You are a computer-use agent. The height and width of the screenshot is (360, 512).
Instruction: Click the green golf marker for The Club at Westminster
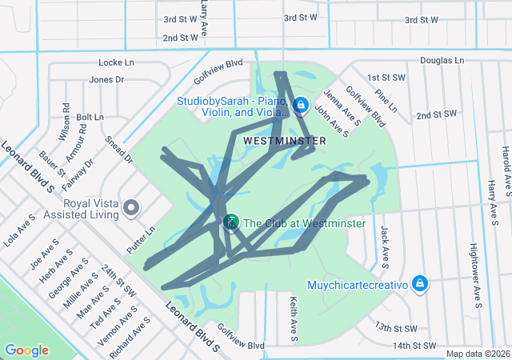pyautogui.click(x=231, y=222)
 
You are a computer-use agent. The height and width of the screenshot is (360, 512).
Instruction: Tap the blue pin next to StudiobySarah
pyautogui.click(x=301, y=104)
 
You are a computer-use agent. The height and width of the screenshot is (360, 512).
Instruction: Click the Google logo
pyautogui.click(x=27, y=350)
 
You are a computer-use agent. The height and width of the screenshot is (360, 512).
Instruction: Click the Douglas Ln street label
pyautogui.click(x=442, y=60)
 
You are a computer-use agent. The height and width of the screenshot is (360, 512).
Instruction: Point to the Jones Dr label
pyautogui.click(x=107, y=79)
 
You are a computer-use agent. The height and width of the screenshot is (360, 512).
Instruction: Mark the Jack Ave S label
pyautogui.click(x=386, y=246)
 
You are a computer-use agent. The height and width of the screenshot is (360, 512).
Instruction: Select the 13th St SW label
pyautogui.click(x=396, y=329)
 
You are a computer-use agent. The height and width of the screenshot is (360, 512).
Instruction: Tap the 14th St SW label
pyautogui.click(x=414, y=346)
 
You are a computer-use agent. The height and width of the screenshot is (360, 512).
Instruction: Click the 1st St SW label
pyautogui.click(x=383, y=77)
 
